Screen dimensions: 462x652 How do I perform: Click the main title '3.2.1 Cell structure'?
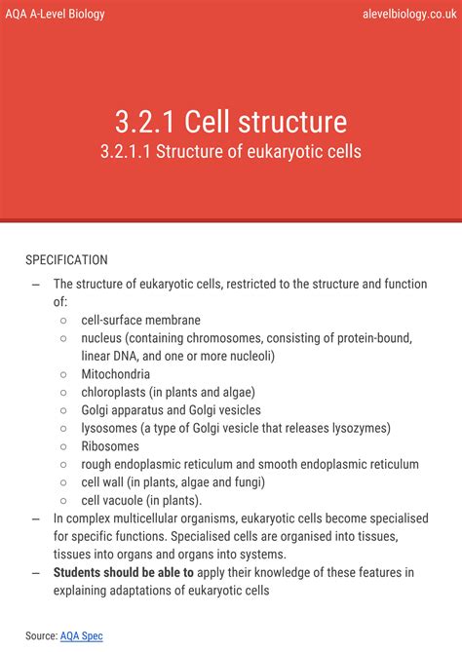coord(230,122)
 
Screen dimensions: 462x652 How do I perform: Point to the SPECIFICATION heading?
coord(66,260)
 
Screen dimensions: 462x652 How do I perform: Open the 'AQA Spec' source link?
coord(81,635)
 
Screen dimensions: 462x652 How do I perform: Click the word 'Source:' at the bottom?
coord(41,635)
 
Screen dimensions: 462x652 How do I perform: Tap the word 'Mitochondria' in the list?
coord(115,374)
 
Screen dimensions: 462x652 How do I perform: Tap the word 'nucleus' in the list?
coord(103,338)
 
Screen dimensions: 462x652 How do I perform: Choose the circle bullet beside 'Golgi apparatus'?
coord(63,410)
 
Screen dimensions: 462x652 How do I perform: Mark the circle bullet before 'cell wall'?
coord(63,482)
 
